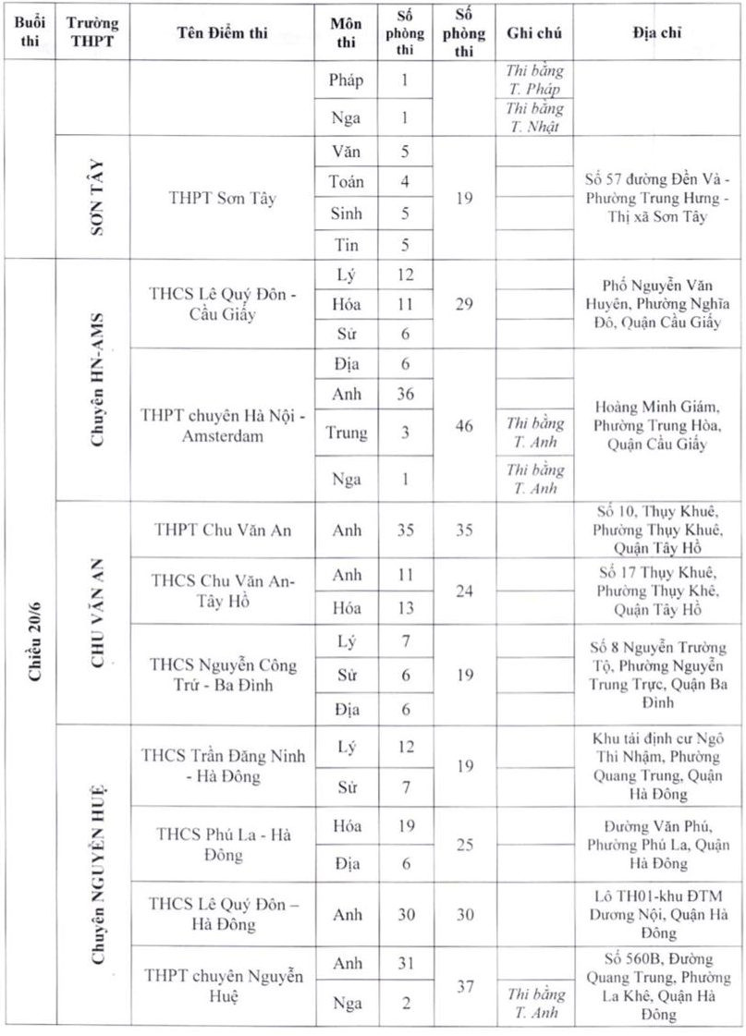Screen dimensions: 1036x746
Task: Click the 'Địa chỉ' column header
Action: click(657, 33)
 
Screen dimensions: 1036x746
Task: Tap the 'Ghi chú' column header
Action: click(535, 33)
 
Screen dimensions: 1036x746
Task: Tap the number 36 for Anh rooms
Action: click(405, 394)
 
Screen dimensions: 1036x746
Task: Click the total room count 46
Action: click(464, 425)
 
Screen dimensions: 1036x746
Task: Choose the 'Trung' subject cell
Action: click(347, 432)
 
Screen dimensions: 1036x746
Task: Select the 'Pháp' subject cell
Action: click(347, 79)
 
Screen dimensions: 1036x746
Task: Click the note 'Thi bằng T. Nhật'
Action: click(535, 117)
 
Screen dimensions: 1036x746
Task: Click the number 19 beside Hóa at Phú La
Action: click(405, 826)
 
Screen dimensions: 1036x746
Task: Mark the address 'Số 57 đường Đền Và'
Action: click(657, 197)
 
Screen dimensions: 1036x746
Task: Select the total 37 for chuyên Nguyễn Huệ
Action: click(464, 986)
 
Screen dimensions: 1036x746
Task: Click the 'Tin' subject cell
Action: click(347, 245)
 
